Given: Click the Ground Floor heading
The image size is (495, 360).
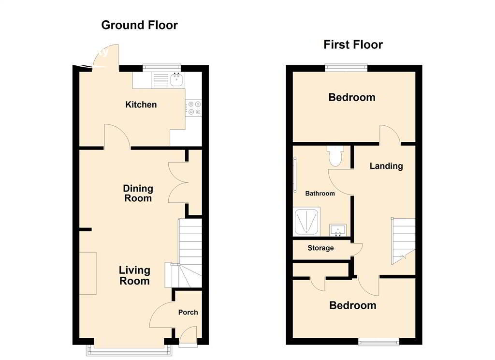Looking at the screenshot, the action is pyautogui.click(x=139, y=25).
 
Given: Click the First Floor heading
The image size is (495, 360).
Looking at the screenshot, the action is pyautogui.click(x=353, y=45).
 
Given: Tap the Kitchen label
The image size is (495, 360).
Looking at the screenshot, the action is pyautogui.click(x=141, y=105).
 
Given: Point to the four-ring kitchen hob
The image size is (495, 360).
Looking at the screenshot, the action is pyautogui.click(x=193, y=108).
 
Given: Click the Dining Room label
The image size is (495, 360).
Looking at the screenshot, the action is pyautogui.click(x=138, y=194).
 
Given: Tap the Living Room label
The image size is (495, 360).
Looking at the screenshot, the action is pyautogui.click(x=134, y=276).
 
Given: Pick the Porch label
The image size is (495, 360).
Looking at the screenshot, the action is pyautogui.click(x=188, y=312).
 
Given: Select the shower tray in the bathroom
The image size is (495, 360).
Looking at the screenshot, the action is pyautogui.click(x=306, y=222).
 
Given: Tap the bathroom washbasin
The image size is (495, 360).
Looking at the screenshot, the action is pyautogui.click(x=338, y=230).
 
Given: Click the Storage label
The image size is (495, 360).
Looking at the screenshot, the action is pyautogui.click(x=320, y=248).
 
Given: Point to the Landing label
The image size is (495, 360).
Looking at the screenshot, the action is pyautogui.click(x=386, y=166).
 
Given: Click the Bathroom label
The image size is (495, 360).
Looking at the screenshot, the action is pyautogui.click(x=320, y=194).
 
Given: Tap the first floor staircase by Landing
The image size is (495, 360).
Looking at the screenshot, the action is pyautogui.click(x=403, y=241).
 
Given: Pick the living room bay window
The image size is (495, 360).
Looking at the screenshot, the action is pyautogui.click(x=130, y=350).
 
